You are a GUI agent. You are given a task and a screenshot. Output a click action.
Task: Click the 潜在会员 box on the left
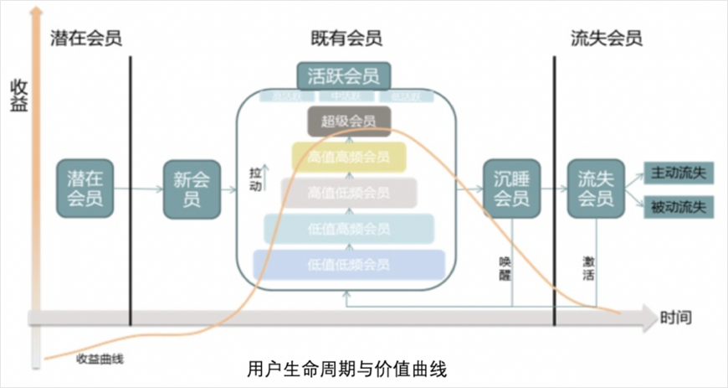85,189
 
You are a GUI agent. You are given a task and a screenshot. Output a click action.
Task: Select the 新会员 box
192,189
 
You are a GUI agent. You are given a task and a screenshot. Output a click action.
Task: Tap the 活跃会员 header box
343,76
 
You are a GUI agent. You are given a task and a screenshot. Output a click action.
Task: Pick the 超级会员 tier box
349,122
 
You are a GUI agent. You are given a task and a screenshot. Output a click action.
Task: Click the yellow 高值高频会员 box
348,158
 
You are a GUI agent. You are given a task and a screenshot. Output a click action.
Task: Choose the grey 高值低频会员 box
348,193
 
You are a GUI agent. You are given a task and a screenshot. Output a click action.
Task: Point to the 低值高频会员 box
348,229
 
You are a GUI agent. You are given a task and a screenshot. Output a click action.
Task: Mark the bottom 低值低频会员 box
348,265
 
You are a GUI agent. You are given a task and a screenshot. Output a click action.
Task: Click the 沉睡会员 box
511,189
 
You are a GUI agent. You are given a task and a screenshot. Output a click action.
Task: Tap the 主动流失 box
678,173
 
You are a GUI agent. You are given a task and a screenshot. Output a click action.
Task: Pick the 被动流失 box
678,206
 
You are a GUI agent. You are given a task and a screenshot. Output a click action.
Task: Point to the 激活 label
589,267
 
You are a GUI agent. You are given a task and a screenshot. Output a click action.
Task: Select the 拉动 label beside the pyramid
255,178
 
